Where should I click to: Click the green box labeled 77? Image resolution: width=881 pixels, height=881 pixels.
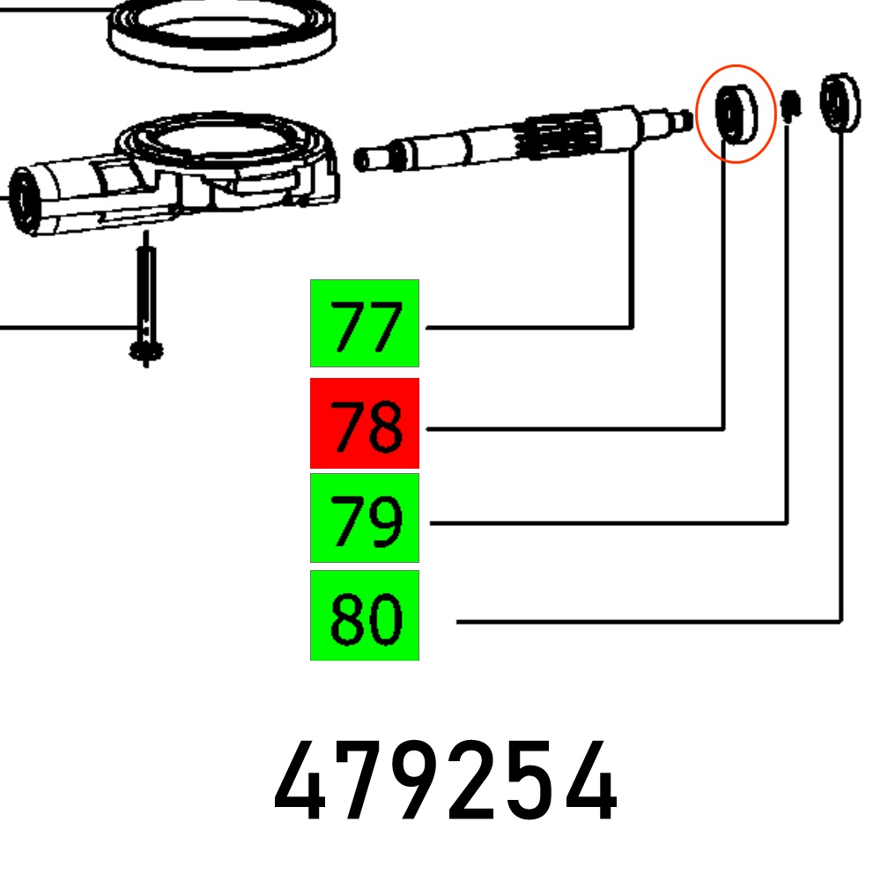pyautogui.click(x=364, y=323)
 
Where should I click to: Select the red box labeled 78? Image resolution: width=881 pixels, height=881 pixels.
pyautogui.click(x=364, y=423)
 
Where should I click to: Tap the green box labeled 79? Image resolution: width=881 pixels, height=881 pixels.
pyautogui.click(x=364, y=517)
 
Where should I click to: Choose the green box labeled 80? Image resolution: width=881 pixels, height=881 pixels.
pyautogui.click(x=364, y=615)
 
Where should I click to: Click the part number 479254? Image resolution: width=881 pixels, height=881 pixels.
pyautogui.click(x=445, y=781)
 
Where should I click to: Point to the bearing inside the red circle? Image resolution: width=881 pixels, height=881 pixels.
pyautogui.click(x=736, y=115)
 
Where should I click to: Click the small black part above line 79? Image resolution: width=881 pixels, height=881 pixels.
pyautogui.click(x=791, y=105)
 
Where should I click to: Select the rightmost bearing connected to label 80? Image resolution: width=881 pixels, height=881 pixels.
pyautogui.click(x=840, y=103)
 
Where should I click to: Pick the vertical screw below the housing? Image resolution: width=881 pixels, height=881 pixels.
pyautogui.click(x=146, y=299)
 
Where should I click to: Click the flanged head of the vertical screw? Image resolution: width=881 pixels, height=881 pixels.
pyautogui.click(x=146, y=352)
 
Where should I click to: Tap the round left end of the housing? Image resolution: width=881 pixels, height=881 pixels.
pyautogui.click(x=25, y=201)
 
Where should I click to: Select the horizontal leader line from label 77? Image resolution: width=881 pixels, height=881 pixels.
pyautogui.click(x=529, y=327)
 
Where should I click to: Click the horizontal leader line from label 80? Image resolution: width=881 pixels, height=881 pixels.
pyautogui.click(x=649, y=621)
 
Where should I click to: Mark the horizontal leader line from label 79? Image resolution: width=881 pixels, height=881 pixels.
pyautogui.click(x=609, y=523)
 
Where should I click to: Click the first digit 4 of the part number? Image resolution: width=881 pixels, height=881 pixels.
pyautogui.click(x=299, y=781)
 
